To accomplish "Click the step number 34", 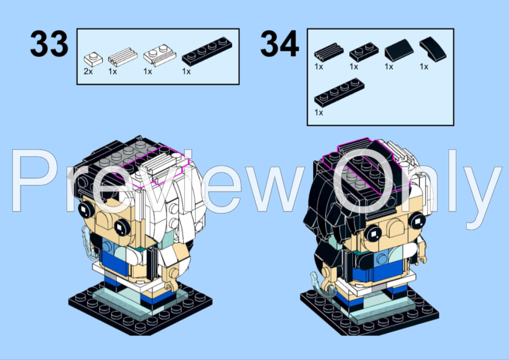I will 279,43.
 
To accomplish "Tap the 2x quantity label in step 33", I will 89,71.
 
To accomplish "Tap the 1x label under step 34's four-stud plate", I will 319,112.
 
